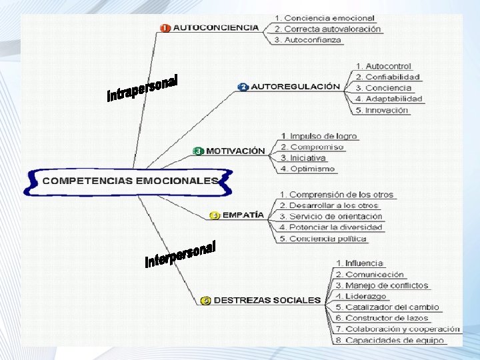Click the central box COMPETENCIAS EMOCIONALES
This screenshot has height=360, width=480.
pos(130,181)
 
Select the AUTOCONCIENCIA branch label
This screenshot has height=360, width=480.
pos(215,28)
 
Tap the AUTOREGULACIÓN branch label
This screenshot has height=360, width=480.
pos(295,87)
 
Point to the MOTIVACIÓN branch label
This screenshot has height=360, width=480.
pos(235,151)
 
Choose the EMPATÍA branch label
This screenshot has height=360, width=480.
pos(243,215)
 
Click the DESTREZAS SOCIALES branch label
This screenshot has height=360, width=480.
pos(267,300)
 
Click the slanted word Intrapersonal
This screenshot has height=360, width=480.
pos(143,89)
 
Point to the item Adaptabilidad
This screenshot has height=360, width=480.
pos(389,99)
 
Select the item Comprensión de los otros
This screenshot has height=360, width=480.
pos(336,195)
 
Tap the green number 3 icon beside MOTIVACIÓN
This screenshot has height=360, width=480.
pos(197,151)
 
